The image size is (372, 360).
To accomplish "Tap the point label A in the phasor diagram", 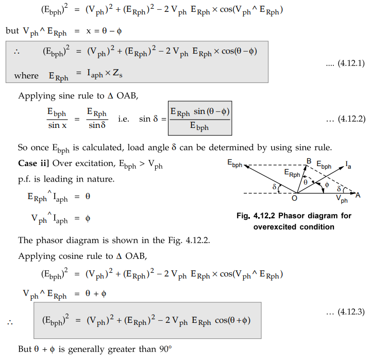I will [x=358, y=194].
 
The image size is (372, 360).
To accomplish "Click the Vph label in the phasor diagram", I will [x=341, y=198].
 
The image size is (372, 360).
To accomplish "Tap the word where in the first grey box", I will [x=26, y=76].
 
